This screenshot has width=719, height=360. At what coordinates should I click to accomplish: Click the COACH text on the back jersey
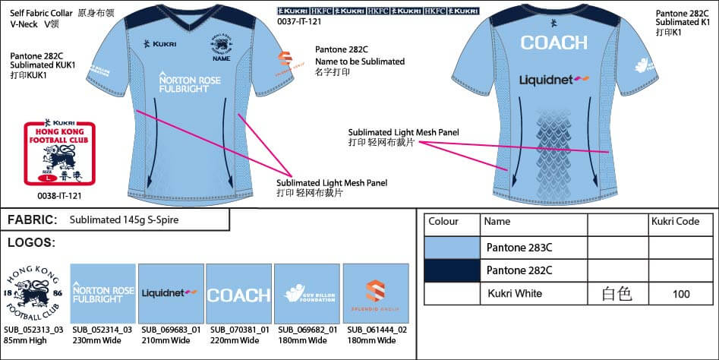(553, 43)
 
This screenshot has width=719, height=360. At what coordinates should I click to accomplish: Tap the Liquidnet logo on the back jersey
(554, 79)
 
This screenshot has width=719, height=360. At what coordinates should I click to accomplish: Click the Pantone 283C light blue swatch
(452, 248)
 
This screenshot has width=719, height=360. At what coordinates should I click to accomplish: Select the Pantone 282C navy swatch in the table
(452, 270)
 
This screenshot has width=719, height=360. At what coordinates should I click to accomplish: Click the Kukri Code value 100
(681, 294)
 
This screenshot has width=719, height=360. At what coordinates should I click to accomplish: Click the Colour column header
(443, 223)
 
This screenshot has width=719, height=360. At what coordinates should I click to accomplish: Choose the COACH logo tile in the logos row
(239, 295)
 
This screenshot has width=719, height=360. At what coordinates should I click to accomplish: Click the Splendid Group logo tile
(376, 295)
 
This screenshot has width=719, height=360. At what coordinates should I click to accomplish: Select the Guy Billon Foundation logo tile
(307, 295)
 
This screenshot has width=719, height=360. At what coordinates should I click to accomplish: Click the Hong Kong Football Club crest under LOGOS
(34, 295)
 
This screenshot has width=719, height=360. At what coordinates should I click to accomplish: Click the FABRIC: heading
(33, 220)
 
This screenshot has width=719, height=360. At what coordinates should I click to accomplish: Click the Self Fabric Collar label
(42, 14)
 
